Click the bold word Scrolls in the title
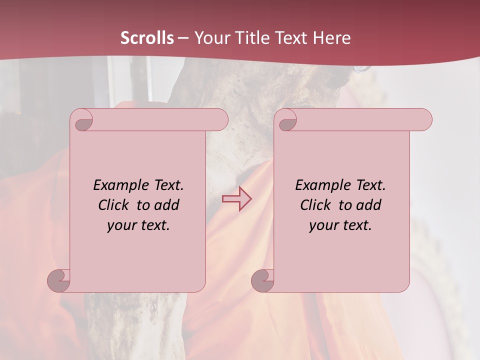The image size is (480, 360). [147, 38]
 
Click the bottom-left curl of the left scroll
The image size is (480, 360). [59, 280]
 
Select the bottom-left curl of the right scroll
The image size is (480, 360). [263, 280]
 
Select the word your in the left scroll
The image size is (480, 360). [120, 225]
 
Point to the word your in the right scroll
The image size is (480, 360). [322, 225]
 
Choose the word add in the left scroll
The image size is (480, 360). [167, 205]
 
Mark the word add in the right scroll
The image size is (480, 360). [369, 205]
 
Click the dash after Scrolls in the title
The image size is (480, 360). [183, 38]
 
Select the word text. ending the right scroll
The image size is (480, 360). [355, 225]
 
